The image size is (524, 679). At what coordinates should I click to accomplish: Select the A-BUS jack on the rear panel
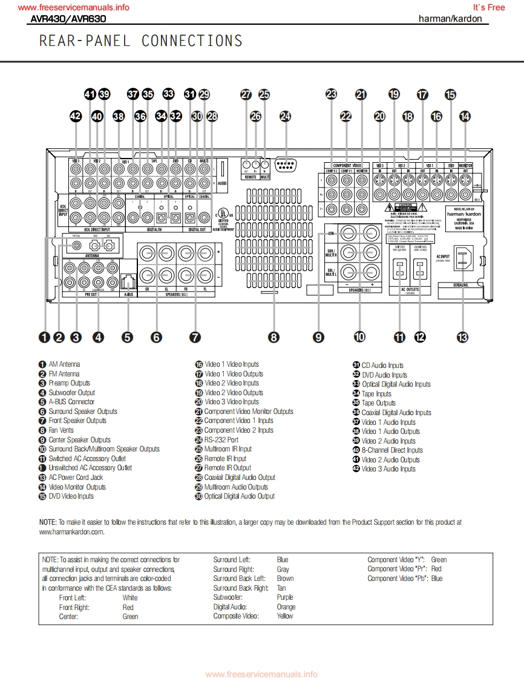pyautogui.click(x=128, y=281)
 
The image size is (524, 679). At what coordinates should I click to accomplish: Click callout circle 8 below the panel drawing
pyautogui.click(x=274, y=338)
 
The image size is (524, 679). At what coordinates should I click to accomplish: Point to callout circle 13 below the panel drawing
pyautogui.click(x=463, y=338)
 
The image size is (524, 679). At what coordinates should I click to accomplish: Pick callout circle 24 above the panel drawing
pyautogui.click(x=285, y=116)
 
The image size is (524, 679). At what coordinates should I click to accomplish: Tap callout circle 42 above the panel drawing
pyautogui.click(x=76, y=116)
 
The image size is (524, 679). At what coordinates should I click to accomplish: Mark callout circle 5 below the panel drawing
pyautogui.click(x=127, y=338)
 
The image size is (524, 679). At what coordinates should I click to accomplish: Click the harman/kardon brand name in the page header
pyautogui.click(x=450, y=19)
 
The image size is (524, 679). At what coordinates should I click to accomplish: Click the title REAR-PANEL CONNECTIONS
pyautogui.click(x=140, y=41)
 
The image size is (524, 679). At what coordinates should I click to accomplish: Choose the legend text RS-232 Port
pyautogui.click(x=221, y=440)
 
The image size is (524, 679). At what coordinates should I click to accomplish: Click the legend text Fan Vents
pyautogui.click(x=61, y=430)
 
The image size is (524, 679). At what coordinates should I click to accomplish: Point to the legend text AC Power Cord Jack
pyautogui.click(x=76, y=477)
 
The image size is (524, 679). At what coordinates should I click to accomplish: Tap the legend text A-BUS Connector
pyautogui.click(x=71, y=402)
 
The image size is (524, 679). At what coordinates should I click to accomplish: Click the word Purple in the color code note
pyautogui.click(x=285, y=597)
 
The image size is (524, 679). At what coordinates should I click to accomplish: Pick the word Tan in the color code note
pyautogui.click(x=281, y=588)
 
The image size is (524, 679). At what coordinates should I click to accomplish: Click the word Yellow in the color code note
pyautogui.click(x=285, y=616)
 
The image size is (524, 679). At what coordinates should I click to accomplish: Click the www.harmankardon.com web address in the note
pyautogui.click(x=71, y=532)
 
